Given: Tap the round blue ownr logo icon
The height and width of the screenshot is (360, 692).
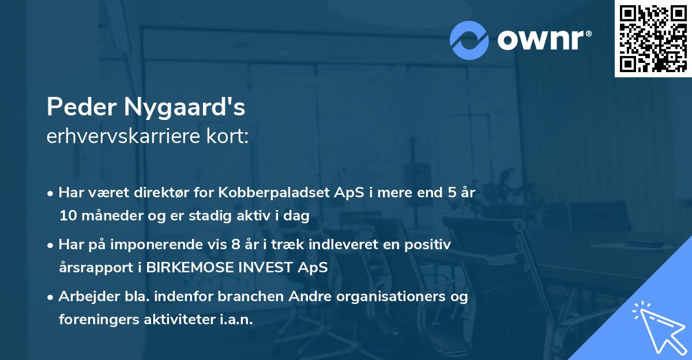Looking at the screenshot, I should pyautogui.click(x=469, y=40).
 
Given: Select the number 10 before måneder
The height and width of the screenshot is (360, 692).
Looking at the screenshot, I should pyautogui.click(x=67, y=216).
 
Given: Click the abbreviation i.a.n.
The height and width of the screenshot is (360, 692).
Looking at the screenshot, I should pyautogui.click(x=235, y=320).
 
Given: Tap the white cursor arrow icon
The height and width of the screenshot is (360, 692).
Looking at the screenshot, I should pyautogui.click(x=659, y=328).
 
